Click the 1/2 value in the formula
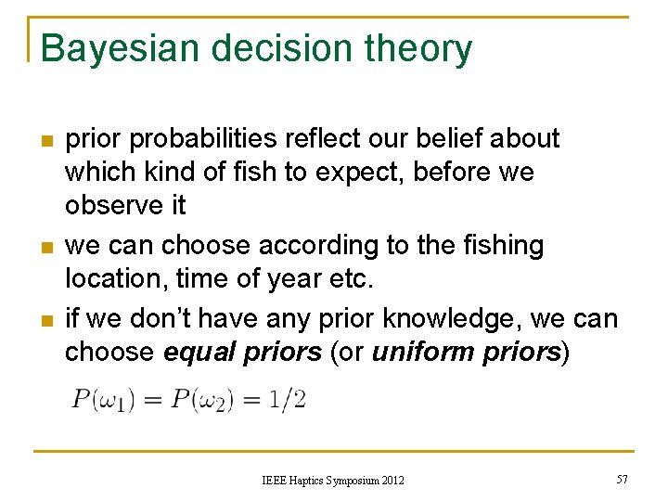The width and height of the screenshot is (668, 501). click(x=289, y=401)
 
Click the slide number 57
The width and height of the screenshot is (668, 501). click(x=622, y=479)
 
